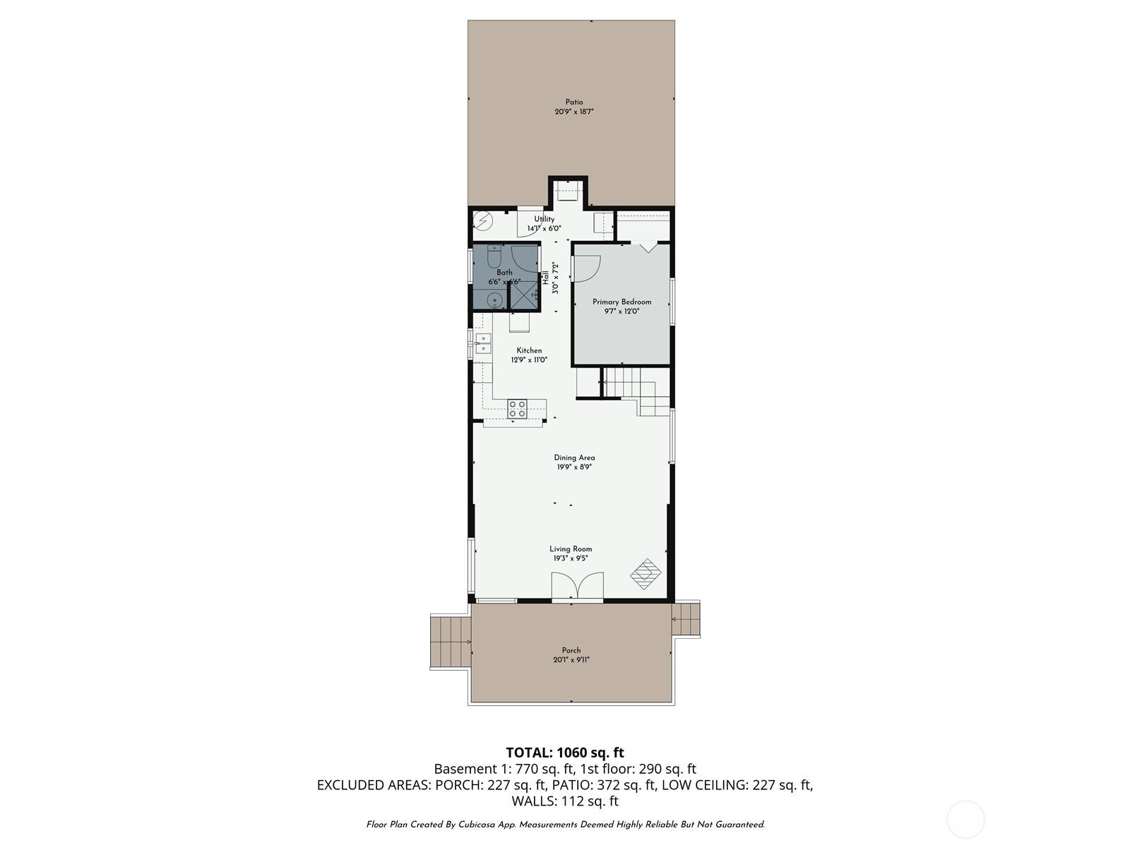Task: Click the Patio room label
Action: point(573,102)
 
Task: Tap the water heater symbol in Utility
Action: point(482,222)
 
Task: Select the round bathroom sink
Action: point(495,300)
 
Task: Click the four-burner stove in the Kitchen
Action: point(517,408)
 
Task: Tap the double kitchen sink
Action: point(484,343)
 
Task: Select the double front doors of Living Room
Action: point(577,587)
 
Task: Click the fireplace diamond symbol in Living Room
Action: point(645,574)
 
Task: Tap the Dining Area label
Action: point(573,458)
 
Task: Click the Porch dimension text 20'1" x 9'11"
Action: point(571,660)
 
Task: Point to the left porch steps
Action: point(449,641)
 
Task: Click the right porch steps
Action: point(685,619)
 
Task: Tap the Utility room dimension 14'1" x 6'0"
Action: point(544,229)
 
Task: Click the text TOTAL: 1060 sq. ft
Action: point(564,753)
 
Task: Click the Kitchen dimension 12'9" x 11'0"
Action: point(529,360)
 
